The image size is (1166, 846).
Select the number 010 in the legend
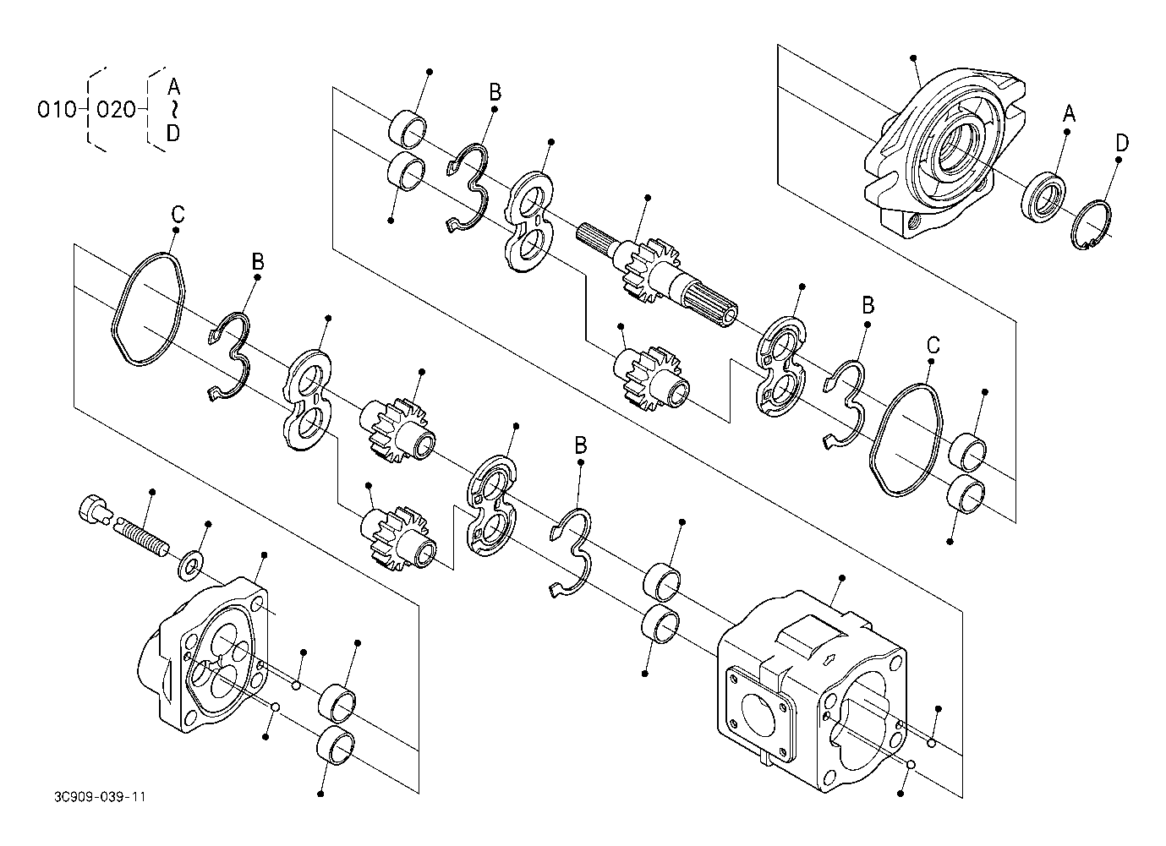[x=57, y=110]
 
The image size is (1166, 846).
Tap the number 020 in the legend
[x=116, y=110]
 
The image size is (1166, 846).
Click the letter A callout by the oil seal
[x=1069, y=113]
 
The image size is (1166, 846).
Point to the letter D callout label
[x=1122, y=143]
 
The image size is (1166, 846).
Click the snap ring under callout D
[x=1091, y=224]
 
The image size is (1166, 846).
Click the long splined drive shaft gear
[x=658, y=276]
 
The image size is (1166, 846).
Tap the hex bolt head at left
[x=93, y=508]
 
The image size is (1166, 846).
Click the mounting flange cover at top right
[x=944, y=154]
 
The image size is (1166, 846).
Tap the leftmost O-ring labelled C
[x=148, y=309]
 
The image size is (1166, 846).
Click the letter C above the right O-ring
[x=933, y=345]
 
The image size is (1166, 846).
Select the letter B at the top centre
[x=495, y=92]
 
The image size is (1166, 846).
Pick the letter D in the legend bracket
[x=173, y=134]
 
